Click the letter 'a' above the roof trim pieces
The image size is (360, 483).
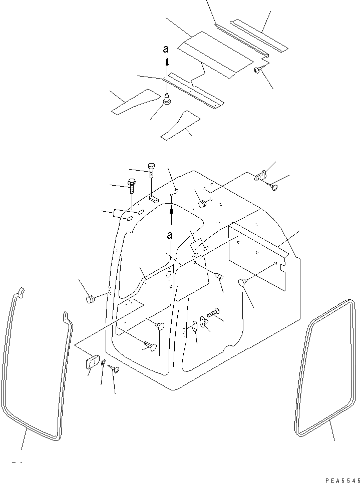(x=167, y=49)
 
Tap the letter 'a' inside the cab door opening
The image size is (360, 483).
(x=170, y=235)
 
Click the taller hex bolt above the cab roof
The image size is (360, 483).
(x=151, y=173)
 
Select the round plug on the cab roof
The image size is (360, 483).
(x=202, y=204)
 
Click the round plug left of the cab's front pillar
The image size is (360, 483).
(x=91, y=299)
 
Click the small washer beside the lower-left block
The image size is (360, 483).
(x=103, y=364)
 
